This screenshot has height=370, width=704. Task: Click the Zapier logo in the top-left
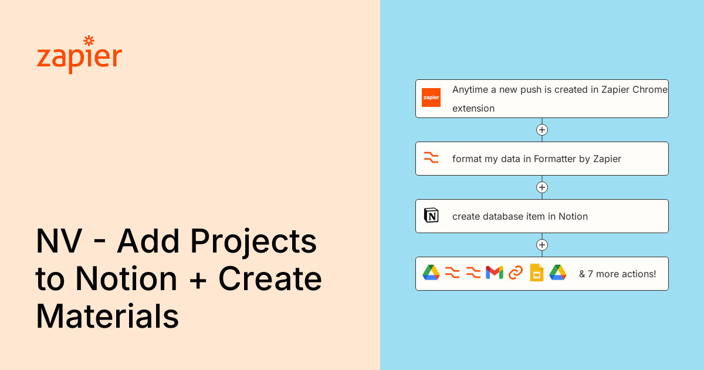(79, 55)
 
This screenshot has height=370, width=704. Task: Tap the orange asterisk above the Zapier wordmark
(89, 41)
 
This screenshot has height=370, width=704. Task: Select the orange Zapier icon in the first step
(431, 97)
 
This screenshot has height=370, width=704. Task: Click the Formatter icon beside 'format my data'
(431, 159)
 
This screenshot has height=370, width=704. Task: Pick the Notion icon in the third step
(431, 216)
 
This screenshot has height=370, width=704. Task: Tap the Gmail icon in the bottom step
(495, 273)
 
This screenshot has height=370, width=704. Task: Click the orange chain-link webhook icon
(516, 273)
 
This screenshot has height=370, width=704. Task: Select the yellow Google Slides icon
(537, 273)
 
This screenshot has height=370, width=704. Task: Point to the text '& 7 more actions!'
(617, 274)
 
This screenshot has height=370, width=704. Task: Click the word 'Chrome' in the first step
(649, 89)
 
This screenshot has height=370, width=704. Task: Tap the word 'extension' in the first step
(473, 108)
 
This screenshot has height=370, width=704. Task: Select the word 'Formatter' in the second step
(555, 159)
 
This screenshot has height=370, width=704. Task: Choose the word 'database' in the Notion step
(508, 216)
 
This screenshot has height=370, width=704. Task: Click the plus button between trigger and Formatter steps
(542, 130)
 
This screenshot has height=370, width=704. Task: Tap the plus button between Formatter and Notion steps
(542, 187)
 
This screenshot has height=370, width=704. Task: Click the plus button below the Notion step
(542, 245)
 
